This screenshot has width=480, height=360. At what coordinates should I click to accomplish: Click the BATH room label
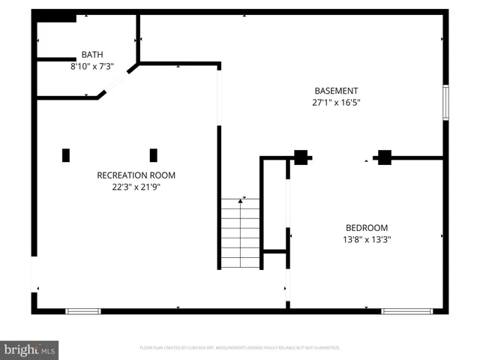coord(92,55)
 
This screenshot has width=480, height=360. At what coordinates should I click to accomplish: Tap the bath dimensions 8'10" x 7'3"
coord(92,66)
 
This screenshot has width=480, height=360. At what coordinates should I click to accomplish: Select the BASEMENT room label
coord(336,91)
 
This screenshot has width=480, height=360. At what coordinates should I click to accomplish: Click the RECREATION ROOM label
coord(136,175)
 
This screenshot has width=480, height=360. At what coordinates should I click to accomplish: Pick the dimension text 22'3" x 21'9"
coord(136,187)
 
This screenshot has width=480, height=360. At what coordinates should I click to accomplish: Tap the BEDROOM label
coord(367,228)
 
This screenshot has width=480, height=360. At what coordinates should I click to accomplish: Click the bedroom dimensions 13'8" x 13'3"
coord(367,239)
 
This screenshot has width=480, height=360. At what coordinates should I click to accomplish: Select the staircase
coord(240,232)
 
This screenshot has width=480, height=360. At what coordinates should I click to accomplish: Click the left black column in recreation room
coord(66,155)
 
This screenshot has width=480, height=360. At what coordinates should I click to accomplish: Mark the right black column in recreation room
coord(154,155)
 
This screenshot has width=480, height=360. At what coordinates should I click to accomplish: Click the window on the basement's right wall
coord(445,103)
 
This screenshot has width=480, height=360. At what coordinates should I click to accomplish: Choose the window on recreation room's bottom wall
coord(82,310)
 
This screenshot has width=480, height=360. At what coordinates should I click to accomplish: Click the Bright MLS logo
coord(30,349)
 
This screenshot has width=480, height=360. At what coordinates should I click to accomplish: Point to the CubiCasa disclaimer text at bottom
coord(240,348)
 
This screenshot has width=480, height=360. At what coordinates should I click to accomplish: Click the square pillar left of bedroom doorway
coord(301,157)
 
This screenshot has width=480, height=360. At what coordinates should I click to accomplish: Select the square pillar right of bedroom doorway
coord(384,157)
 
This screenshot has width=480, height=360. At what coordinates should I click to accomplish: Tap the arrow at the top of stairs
coord(241,201)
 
